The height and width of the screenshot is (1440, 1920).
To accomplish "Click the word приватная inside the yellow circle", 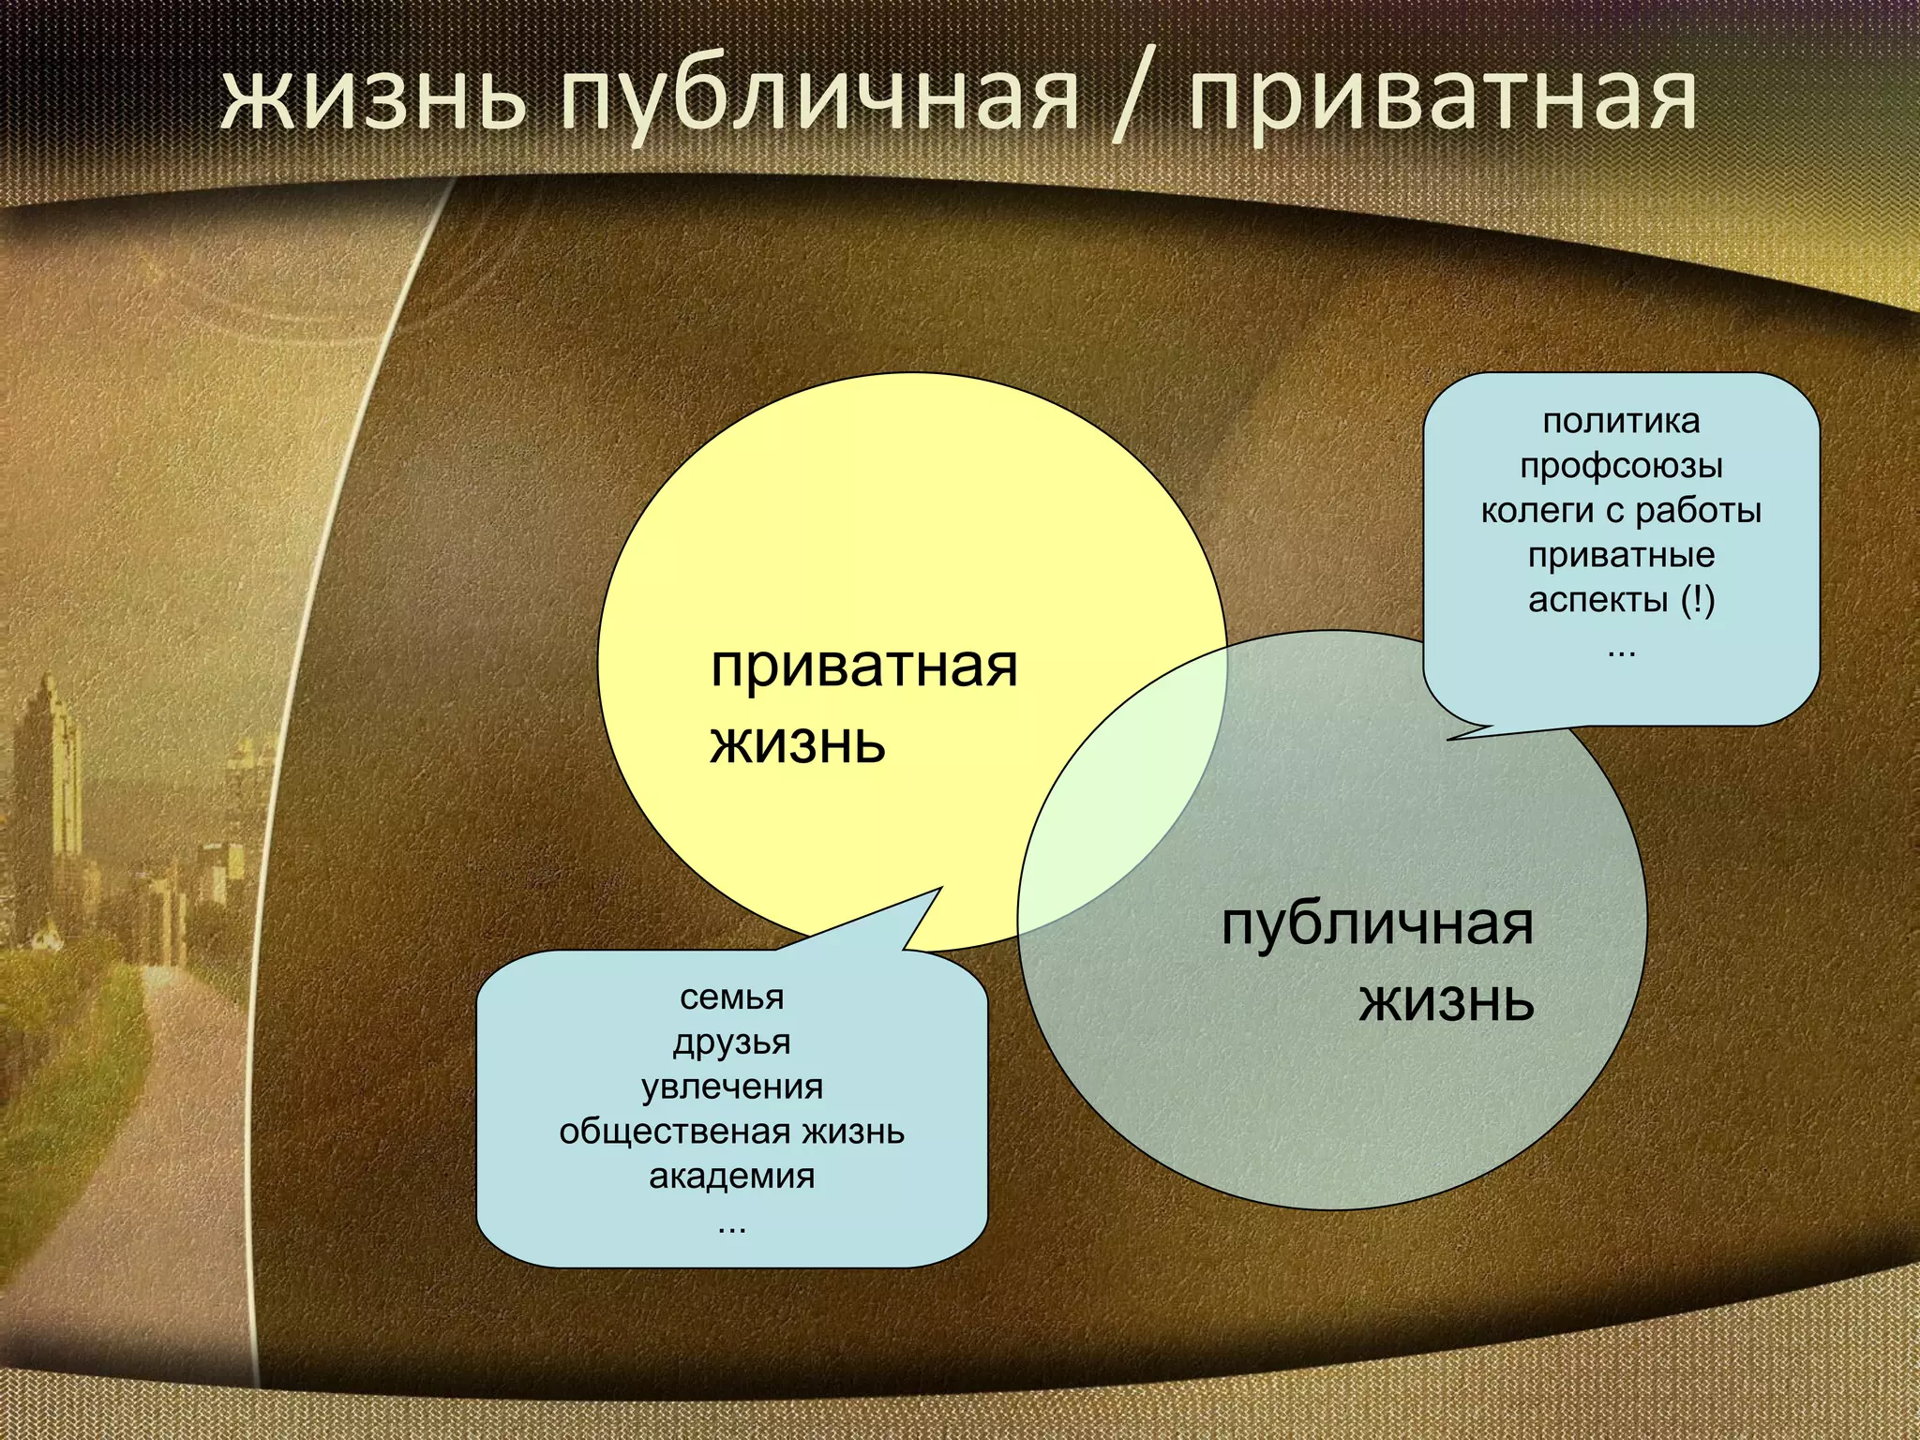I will [x=863, y=667].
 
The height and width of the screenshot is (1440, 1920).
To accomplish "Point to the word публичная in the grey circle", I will [x=1377, y=924].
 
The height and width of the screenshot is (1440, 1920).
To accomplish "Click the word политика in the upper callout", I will [x=1621, y=422].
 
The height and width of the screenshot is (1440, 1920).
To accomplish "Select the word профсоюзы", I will [x=1621, y=466].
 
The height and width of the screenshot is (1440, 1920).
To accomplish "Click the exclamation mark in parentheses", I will [x=1697, y=600].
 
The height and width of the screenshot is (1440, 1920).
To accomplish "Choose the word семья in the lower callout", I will [x=731, y=997].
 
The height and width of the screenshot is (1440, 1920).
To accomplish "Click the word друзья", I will [x=731, y=1042].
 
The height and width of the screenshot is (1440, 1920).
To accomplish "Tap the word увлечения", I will [x=731, y=1087].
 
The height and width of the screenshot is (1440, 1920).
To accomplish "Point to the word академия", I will [x=731, y=1177].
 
